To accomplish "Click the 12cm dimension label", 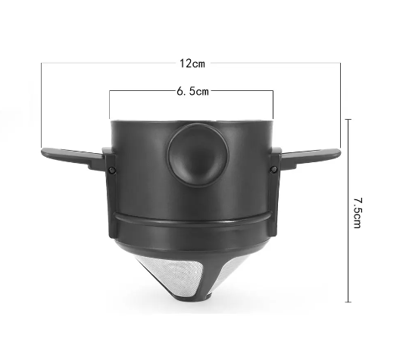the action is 192,64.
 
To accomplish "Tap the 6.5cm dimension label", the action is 192,92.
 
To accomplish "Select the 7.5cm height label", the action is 358,213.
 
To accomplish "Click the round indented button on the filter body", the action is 198,155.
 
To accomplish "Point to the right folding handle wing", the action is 311,157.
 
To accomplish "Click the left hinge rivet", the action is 112,170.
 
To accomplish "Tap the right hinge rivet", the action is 273,170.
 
